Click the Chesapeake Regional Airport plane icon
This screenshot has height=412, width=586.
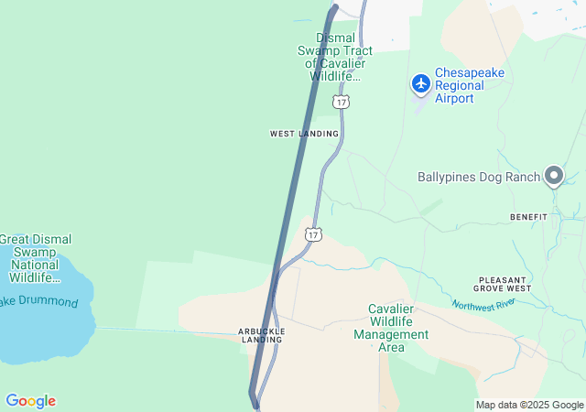point(421,84)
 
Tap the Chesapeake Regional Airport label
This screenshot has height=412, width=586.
point(469,85)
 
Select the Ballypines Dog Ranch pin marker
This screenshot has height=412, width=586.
point(553,175)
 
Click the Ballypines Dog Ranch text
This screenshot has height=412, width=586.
point(477,177)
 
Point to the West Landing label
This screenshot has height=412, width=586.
point(304,134)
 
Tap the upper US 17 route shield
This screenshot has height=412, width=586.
point(341,102)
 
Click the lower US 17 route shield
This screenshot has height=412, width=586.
point(314,235)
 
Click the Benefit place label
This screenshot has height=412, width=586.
point(528,217)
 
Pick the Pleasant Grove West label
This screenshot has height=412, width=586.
point(505,284)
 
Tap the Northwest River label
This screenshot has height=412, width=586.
point(484,305)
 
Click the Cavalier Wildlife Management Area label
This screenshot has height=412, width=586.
point(391,328)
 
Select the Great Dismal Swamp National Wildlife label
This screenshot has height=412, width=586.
point(35,258)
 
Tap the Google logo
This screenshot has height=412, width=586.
point(30,401)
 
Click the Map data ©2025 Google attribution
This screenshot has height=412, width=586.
point(529,405)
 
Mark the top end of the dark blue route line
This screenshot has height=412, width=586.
point(334,8)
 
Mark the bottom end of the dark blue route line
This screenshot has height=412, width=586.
point(253,394)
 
